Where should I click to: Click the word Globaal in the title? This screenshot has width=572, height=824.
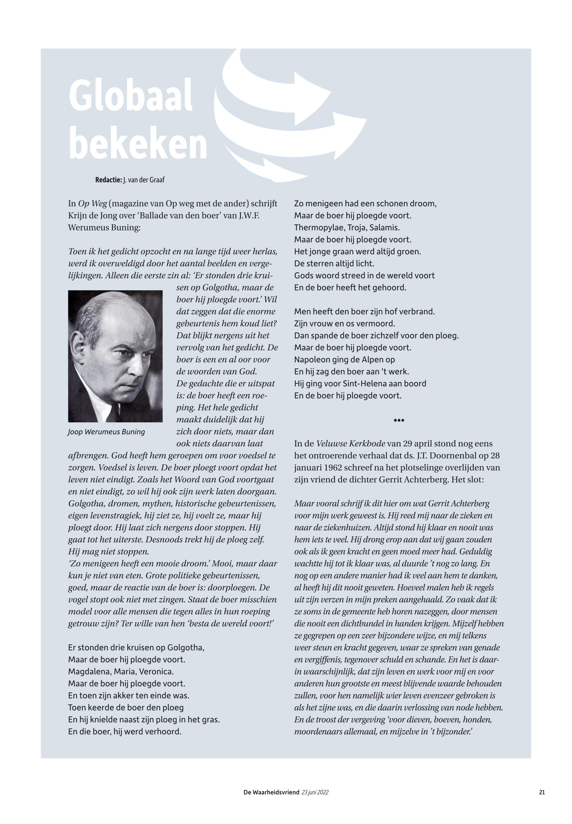(x=131, y=97)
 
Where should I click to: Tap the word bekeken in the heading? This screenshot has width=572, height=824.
(x=138, y=143)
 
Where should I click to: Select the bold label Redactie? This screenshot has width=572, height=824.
(x=108, y=180)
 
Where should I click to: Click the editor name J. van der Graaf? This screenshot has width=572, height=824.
(x=144, y=180)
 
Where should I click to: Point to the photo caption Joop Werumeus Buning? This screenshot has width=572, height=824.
(x=106, y=432)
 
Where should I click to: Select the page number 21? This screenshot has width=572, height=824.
(x=542, y=792)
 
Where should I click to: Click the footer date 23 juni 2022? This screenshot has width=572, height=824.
(x=315, y=792)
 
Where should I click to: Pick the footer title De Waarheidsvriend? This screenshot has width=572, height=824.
(x=271, y=792)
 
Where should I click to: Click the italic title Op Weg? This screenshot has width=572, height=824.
(x=92, y=204)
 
